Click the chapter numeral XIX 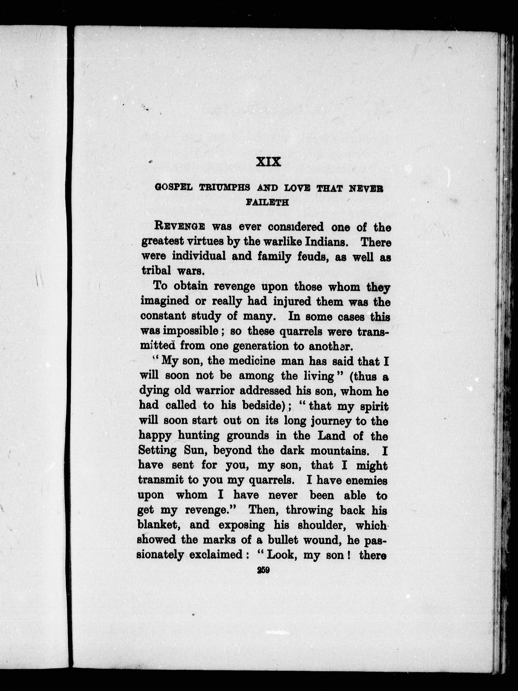(268, 162)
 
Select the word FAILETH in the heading (267, 202)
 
